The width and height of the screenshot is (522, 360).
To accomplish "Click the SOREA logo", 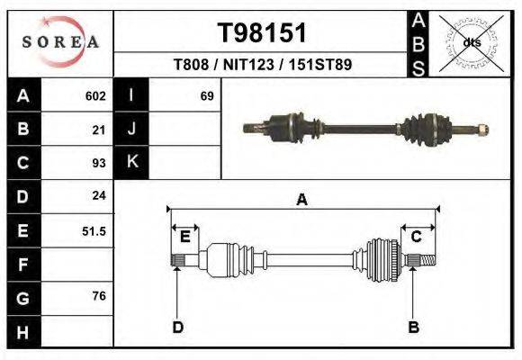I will [59, 41].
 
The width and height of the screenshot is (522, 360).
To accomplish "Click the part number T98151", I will [262, 33].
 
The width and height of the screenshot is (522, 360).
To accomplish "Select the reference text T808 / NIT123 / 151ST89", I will [262, 65].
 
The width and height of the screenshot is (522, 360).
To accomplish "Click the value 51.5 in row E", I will [94, 230].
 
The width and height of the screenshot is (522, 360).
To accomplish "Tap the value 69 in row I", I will [206, 95].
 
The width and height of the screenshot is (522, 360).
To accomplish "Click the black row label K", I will [131, 163].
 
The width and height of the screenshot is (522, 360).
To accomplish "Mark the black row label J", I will [131, 130].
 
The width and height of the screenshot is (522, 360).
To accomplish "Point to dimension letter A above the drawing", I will [302, 201].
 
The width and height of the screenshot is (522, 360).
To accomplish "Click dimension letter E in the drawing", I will [184, 237].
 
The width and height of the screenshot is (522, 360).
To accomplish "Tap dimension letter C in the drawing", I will [417, 237].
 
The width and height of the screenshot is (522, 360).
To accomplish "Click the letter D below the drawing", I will [177, 327].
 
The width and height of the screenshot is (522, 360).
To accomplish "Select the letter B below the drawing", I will [414, 327].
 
